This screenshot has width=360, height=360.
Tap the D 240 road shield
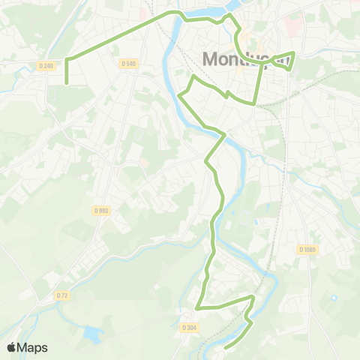click(46, 66)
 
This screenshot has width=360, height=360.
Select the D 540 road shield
click(128, 64)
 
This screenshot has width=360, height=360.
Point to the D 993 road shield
click(101, 211)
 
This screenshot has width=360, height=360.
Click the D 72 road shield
click(62, 295)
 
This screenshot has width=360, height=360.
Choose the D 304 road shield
click(188, 327)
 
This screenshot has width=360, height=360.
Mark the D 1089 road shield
click(307, 250)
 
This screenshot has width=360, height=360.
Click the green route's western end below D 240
click(67, 82)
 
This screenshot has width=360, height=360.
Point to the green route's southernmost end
click(226, 347)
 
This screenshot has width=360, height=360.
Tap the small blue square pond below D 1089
click(333, 299)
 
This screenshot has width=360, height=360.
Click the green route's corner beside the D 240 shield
click(67, 58)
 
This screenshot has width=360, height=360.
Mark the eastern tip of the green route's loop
click(294, 53)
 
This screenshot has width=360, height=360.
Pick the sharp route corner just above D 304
click(197, 307)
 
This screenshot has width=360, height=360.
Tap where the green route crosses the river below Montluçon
click(223, 136)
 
